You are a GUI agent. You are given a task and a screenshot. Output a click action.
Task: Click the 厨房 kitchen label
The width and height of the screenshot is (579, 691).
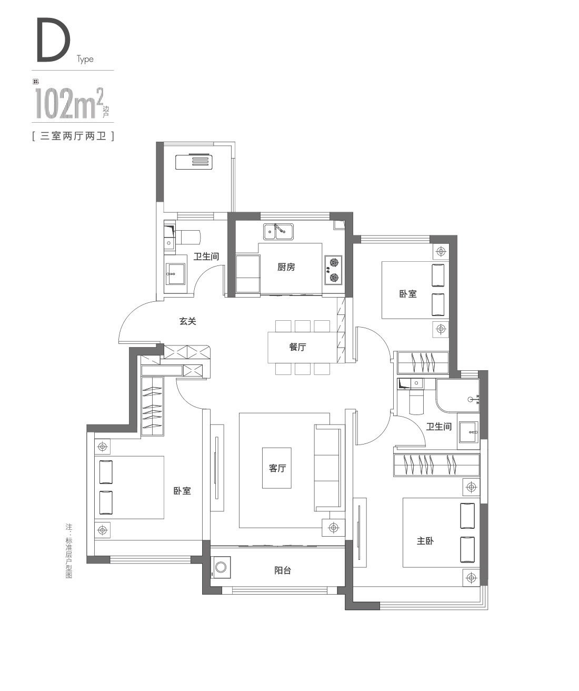click(x=286, y=267)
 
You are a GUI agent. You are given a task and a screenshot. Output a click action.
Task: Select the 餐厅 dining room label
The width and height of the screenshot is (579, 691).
click(x=297, y=347)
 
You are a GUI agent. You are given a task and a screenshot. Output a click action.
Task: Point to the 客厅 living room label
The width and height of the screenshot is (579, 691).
click(x=277, y=468)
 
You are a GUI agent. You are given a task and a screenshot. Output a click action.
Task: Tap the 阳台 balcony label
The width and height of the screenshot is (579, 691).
click(x=283, y=570)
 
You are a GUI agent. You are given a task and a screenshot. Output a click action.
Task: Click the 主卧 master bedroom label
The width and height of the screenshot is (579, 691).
click(x=425, y=541)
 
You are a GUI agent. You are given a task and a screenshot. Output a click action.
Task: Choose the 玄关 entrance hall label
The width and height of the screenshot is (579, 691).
click(x=187, y=321)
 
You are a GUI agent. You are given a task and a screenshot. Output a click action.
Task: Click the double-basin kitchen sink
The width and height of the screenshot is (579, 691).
click(x=278, y=232)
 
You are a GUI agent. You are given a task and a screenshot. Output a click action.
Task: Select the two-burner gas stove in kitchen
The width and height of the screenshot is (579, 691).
click(x=333, y=270)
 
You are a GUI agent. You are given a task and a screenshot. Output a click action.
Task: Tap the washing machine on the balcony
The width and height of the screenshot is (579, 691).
click(x=221, y=567)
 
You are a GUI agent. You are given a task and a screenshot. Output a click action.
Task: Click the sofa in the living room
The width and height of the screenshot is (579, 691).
click(x=327, y=468)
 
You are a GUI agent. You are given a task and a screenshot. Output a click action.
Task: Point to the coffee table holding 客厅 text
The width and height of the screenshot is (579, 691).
click(x=276, y=468)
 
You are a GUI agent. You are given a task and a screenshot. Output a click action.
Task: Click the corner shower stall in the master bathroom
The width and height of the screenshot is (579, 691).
click(x=457, y=396)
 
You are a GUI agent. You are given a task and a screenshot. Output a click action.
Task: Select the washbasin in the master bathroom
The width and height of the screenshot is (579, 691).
click(x=468, y=432)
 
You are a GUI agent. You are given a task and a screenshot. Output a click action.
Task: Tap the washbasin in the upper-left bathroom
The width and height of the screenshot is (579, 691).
click(x=175, y=274)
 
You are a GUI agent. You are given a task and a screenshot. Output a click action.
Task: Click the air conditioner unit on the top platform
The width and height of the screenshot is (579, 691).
click(x=194, y=162)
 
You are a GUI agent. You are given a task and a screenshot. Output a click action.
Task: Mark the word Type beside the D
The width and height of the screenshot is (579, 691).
click(x=85, y=60)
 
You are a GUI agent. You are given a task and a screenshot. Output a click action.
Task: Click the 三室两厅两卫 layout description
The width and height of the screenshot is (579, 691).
click(x=73, y=136)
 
